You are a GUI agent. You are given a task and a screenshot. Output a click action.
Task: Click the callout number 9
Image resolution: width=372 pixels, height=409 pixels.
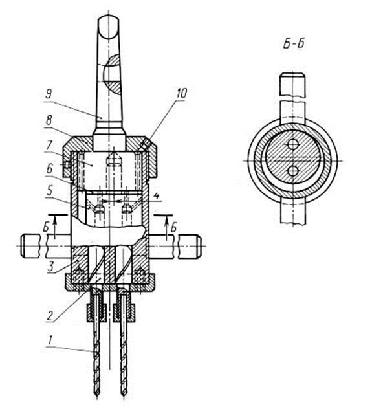coord(48,94)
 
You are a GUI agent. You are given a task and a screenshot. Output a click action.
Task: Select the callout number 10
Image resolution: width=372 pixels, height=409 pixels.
coord(181,93)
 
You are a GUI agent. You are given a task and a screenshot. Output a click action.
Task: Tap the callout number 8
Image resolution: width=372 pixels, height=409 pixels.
coord(49,121)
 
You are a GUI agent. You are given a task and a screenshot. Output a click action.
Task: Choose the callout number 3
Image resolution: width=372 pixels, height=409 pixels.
coord(51,267)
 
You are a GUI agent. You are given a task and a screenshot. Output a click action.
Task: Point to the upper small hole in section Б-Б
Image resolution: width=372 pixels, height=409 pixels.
coord(293,144)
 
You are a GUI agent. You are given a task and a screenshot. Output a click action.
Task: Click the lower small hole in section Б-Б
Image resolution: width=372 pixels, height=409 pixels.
coord(293,171)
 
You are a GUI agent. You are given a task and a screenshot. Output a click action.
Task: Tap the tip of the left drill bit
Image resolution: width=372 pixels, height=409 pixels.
coord(97,403)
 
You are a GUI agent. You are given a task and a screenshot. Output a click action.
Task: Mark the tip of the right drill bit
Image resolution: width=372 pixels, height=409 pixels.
coord(123,403)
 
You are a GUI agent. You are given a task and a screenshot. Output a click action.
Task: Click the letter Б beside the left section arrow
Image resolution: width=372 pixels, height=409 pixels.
coord(46,227)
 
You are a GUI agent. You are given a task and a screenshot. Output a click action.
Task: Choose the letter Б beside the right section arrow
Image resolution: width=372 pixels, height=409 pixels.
coord(173,228)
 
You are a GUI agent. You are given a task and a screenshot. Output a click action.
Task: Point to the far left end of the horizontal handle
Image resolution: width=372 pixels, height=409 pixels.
coord(21,246)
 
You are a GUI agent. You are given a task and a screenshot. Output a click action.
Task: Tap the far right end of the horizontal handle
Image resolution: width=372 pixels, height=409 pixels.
coord(201,246)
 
